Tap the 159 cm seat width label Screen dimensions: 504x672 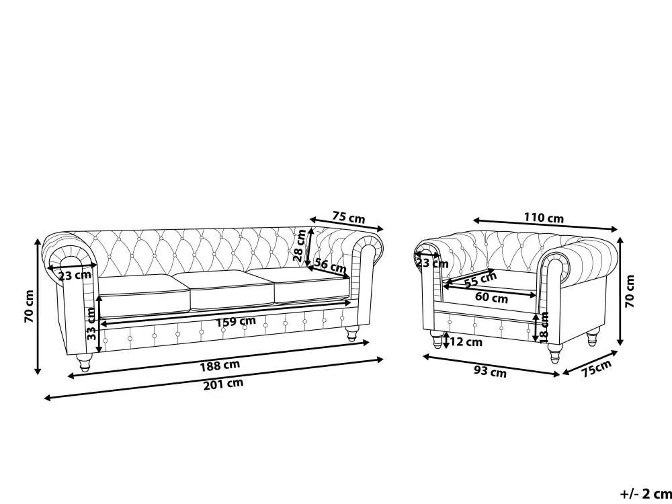237,321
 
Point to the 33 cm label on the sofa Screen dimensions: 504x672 91,324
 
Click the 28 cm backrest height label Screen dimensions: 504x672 300,245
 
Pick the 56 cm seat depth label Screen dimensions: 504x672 330,265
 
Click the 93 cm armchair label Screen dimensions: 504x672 490,372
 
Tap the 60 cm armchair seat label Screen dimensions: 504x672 491,298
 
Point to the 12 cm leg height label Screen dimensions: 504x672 466,342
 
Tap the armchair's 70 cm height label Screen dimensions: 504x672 630,291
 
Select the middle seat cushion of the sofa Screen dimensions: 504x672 232,289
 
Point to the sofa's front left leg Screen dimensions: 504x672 84,363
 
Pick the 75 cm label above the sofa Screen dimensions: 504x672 349,218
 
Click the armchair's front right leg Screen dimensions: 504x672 555,353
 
